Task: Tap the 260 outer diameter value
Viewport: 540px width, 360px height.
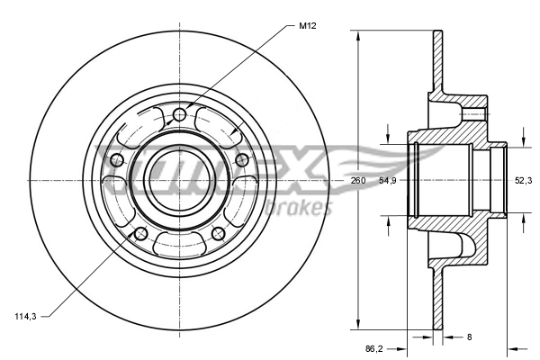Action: [x=358, y=181]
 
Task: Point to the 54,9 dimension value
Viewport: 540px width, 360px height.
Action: [x=388, y=181]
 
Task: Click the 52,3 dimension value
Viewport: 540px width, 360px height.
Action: [x=523, y=181]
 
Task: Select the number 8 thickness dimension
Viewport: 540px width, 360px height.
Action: [x=468, y=337]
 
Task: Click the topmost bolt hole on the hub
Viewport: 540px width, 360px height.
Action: [x=179, y=114]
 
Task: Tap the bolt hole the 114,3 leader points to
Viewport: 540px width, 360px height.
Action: [x=139, y=234]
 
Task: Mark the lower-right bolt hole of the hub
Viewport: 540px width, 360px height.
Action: [x=218, y=234]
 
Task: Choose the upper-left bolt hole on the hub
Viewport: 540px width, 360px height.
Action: [x=115, y=160]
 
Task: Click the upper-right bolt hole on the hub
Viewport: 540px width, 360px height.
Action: [x=241, y=160]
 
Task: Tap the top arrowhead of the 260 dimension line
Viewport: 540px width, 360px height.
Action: [x=359, y=36]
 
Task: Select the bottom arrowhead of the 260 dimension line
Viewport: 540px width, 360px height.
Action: [x=359, y=326]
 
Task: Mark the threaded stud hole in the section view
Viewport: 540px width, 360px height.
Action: [x=472, y=114]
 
